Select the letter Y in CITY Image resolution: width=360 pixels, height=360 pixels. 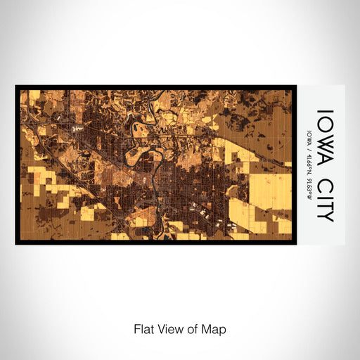click(x=324, y=214)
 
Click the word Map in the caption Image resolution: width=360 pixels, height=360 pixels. click(x=216, y=329)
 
